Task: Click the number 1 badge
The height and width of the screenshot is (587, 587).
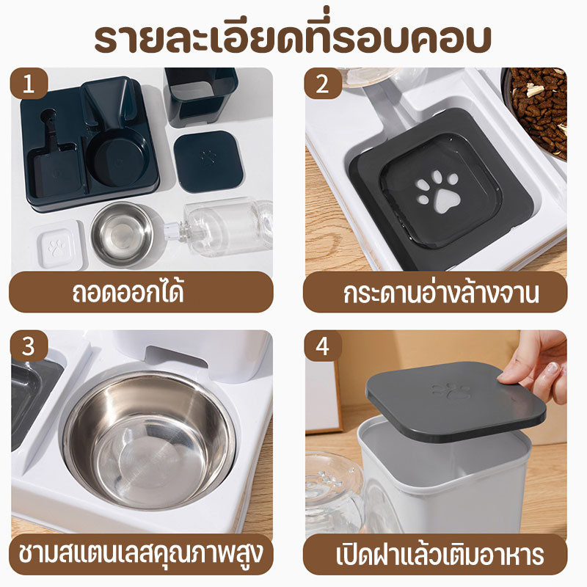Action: (x=29, y=84)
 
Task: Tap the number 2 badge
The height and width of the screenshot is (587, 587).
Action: (x=321, y=84)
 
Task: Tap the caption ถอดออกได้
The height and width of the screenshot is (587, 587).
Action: (x=139, y=292)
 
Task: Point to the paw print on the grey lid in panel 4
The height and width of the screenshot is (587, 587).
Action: (x=451, y=390)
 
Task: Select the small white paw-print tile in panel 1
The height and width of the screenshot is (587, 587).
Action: (x=56, y=246)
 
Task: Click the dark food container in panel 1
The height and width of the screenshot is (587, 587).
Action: (x=200, y=95)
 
